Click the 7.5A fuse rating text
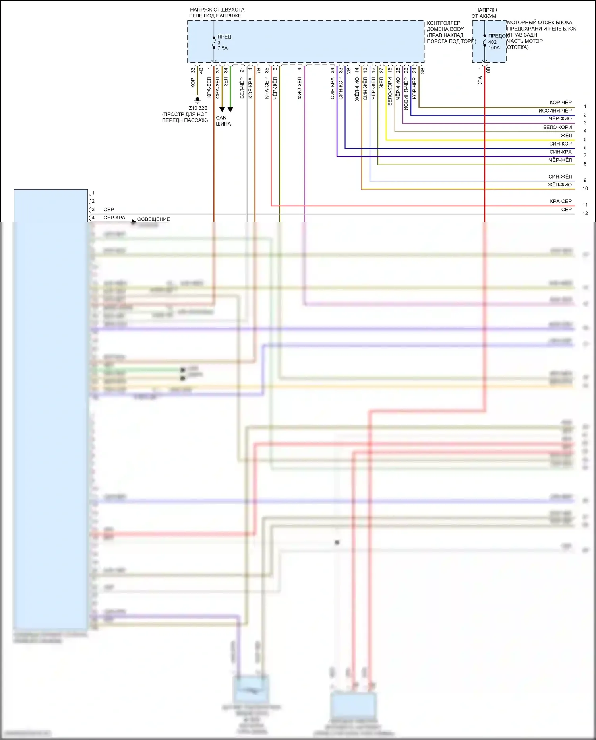[x=223, y=48]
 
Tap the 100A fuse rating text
[x=494, y=48]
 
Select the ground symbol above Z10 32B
[x=197, y=100]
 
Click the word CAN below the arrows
[x=221, y=118]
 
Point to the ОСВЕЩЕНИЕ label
[x=153, y=219]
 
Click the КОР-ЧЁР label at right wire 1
[x=561, y=103]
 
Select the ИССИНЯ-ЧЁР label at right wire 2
[x=555, y=111]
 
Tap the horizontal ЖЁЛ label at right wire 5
[x=566, y=136]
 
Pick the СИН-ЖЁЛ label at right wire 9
[x=560, y=177]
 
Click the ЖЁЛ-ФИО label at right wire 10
[x=559, y=185]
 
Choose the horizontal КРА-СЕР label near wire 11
[x=561, y=202]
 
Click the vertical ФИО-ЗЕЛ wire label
[x=299, y=88]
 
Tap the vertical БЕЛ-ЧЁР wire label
[x=242, y=88]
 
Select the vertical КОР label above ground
[x=193, y=83]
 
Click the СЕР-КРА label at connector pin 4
[x=114, y=218]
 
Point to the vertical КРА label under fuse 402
[x=480, y=81]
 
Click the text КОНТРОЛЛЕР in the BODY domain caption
[x=443, y=23]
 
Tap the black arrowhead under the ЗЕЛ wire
[x=230, y=109]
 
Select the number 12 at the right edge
[x=585, y=214]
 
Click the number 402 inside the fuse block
[x=492, y=42]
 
